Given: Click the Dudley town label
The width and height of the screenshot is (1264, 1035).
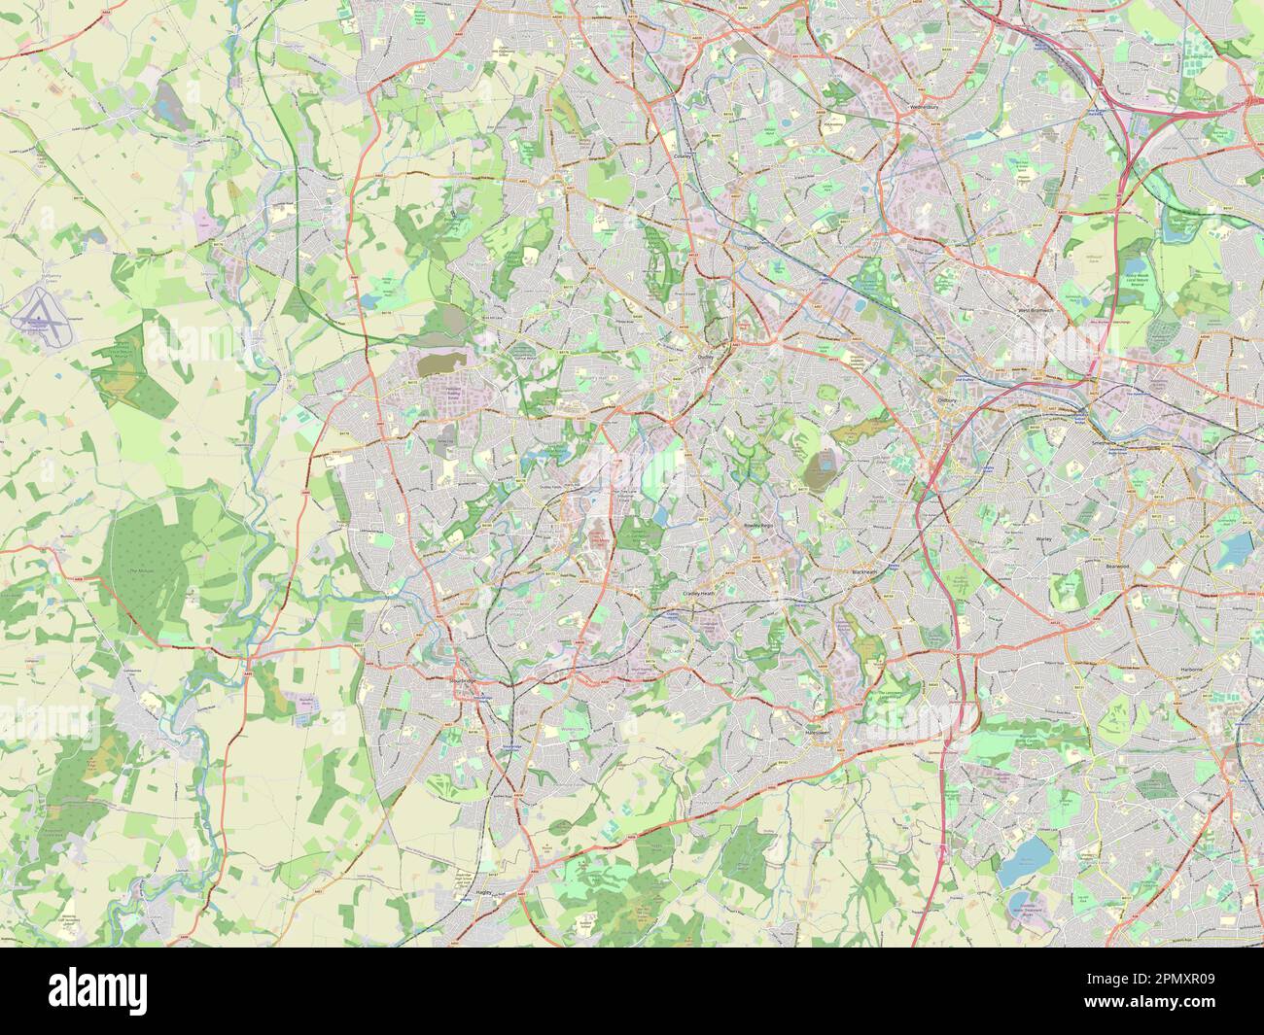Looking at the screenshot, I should pos(706,357).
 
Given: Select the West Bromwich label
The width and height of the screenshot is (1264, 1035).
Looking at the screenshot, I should pos(1036,311).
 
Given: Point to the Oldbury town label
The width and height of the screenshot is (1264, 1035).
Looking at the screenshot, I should pos(946,398).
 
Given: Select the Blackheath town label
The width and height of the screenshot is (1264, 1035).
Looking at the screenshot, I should pos(864,572).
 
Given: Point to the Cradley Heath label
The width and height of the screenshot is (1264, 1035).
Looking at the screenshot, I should pos(698,593).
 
